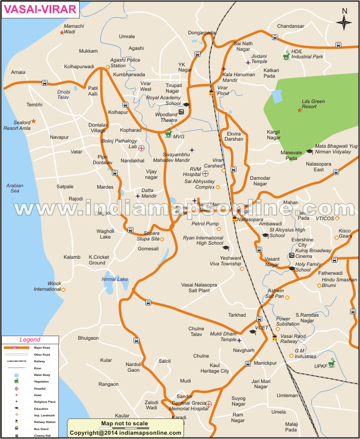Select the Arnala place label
pyautogui.click(x=18, y=72)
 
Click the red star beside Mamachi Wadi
pyautogui.click(x=62, y=32)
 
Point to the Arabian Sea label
pyautogui.click(x=15, y=188)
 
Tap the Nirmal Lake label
pyautogui.click(x=115, y=279)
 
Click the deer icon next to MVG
pyautogui.click(x=168, y=134)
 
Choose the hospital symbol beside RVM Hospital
pyautogui.click(x=205, y=174)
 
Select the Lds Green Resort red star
pyautogui.click(x=299, y=111)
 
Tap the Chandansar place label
pyautogui.click(x=291, y=26)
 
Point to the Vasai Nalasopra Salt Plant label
pyautogui.click(x=199, y=288)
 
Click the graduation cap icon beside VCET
pyautogui.click(x=253, y=332)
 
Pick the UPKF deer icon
pyautogui.click(x=332, y=363)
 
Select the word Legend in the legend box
pyautogui.click(x=30, y=340)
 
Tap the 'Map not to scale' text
pyautogui.click(x=124, y=423)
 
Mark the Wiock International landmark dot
pyautogui.click(x=64, y=290)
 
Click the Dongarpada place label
pyautogui.click(x=202, y=33)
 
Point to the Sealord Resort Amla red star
pyautogui.click(x=33, y=121)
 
